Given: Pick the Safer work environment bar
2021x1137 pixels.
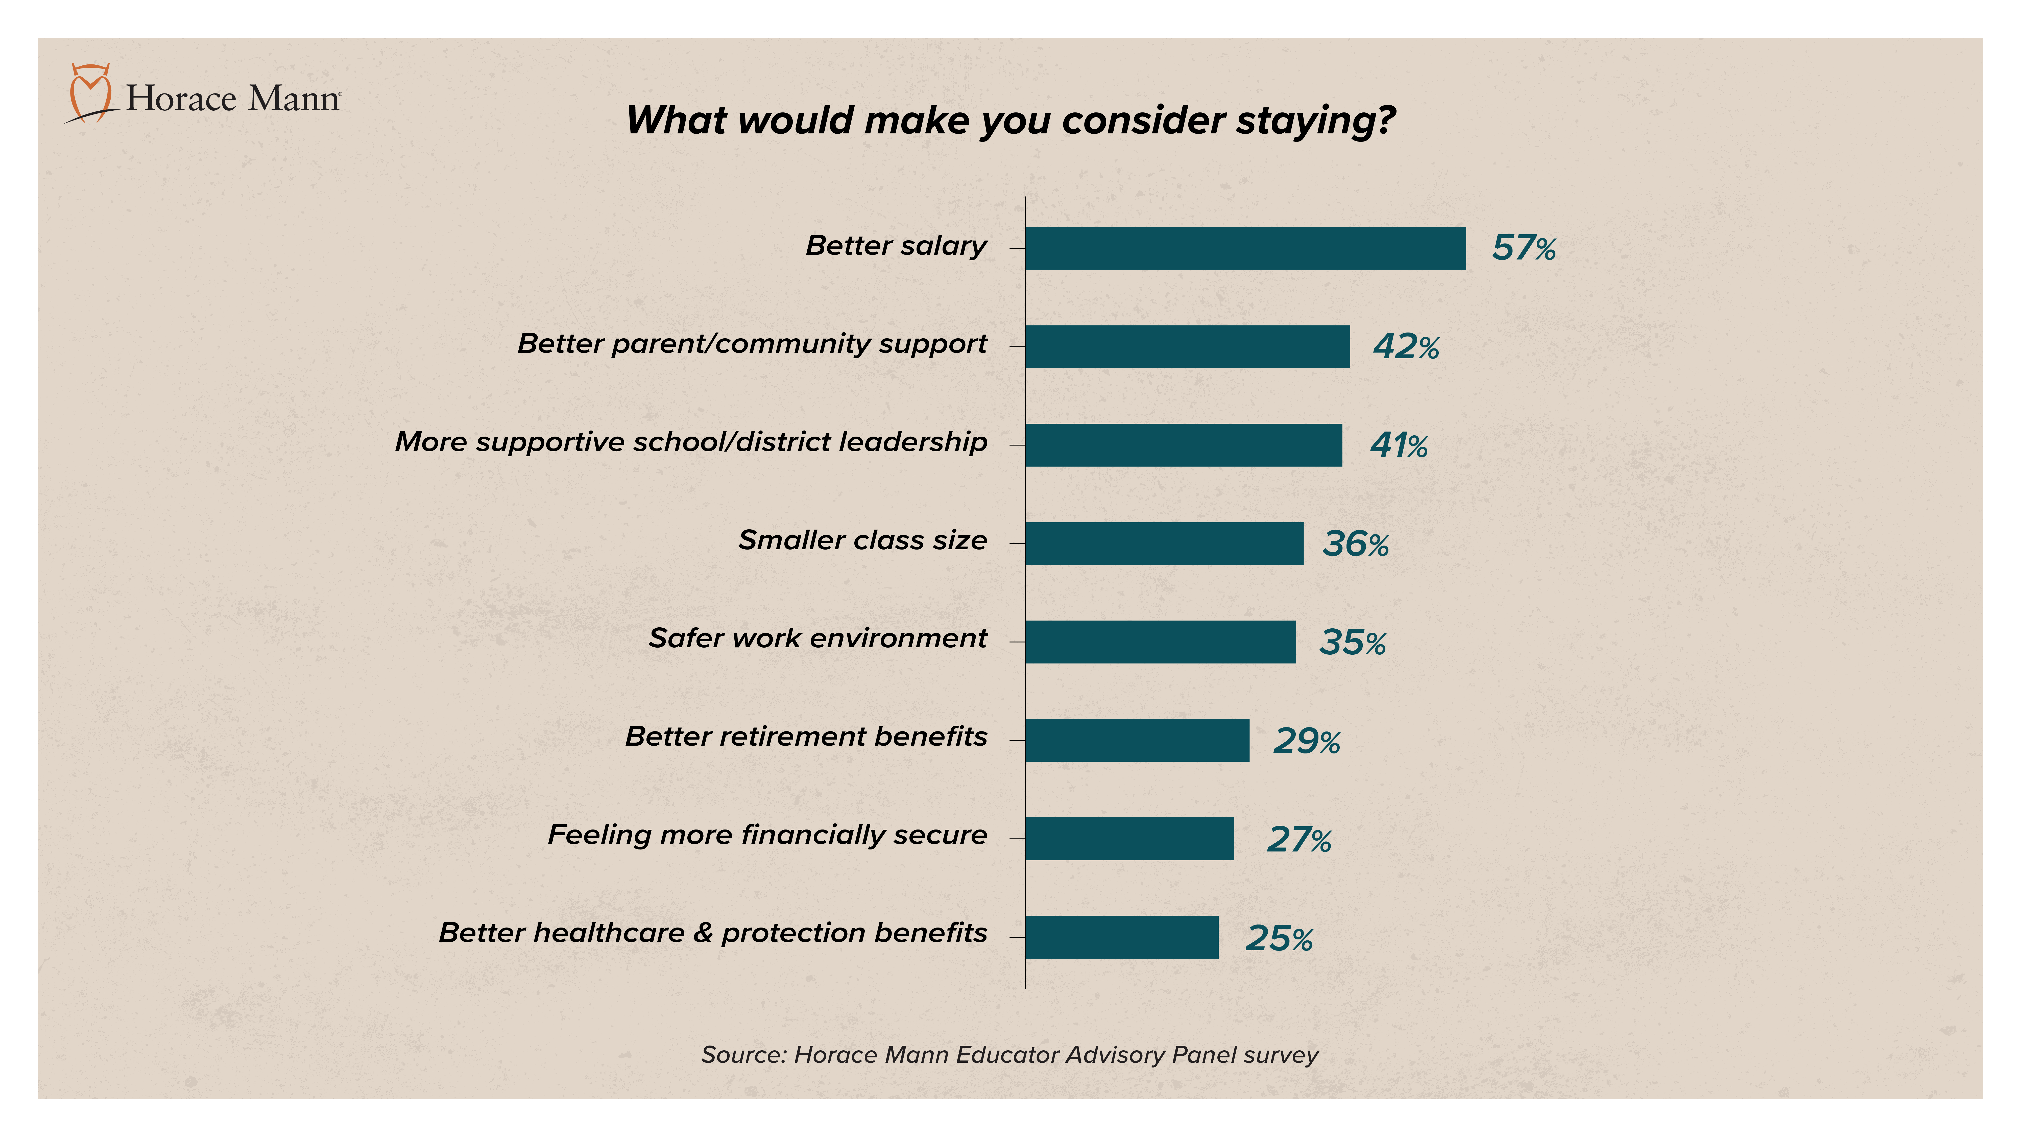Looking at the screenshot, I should click(1160, 642).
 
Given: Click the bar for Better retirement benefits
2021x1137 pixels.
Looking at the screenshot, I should click(1137, 740).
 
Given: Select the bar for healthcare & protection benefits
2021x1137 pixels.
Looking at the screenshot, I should click(1121, 937).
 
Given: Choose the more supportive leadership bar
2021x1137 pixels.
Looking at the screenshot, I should click(1183, 445).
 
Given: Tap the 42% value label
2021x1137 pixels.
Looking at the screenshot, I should click(1406, 347).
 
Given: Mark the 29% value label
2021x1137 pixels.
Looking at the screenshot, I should click(1306, 741).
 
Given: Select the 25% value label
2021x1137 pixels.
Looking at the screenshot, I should click(1279, 938).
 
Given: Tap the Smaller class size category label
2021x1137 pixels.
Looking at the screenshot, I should click(862, 541).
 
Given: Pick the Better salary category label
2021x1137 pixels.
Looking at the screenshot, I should click(896, 246).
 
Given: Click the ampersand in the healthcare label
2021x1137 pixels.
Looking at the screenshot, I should click(702, 933).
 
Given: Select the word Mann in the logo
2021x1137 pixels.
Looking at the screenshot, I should click(294, 99).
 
